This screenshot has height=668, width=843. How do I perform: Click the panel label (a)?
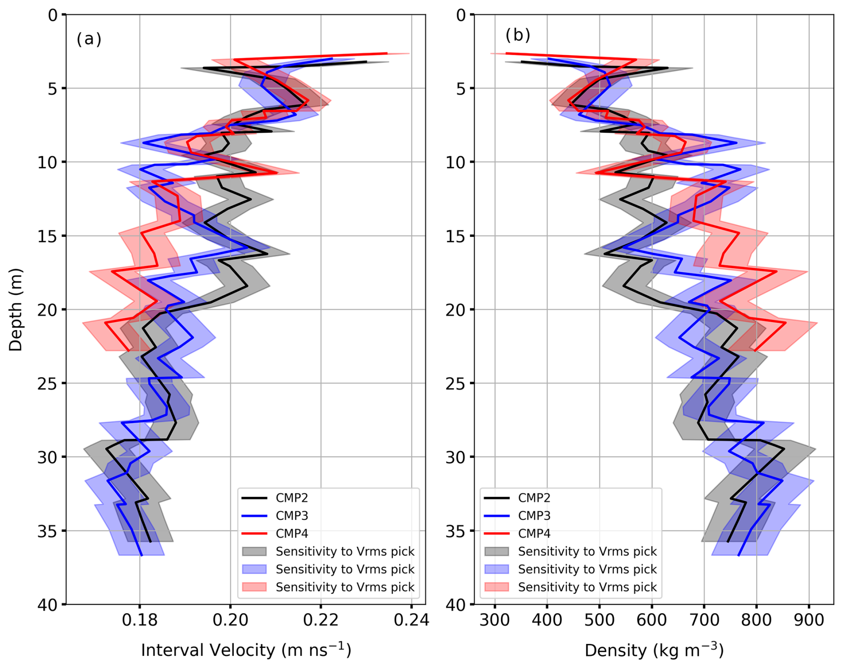(89, 39)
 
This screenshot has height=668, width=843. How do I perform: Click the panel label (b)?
(517, 35)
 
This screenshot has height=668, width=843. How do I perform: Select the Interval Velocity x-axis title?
(246, 650)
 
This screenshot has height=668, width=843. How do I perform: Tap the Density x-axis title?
(654, 650)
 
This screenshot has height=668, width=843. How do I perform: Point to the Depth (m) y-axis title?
(15, 310)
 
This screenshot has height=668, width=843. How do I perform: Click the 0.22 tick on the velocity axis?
(321, 620)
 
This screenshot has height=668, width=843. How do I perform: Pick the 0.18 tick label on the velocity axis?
(140, 620)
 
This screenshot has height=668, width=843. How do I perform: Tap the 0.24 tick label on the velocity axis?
(411, 620)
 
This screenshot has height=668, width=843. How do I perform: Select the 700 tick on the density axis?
(704, 620)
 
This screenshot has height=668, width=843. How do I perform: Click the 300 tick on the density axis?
(495, 620)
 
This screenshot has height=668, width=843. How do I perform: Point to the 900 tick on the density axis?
(809, 620)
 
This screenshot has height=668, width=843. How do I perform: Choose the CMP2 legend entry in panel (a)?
(291, 498)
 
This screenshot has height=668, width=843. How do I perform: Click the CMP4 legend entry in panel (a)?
(291, 534)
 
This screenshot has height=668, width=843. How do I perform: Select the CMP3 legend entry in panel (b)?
(534, 516)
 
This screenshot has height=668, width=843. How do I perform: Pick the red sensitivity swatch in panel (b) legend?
(496, 587)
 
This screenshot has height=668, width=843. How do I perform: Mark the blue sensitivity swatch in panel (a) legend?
(254, 569)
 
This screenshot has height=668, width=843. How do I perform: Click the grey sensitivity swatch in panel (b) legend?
(496, 551)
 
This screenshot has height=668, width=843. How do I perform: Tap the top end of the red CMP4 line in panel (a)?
(386, 53)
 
